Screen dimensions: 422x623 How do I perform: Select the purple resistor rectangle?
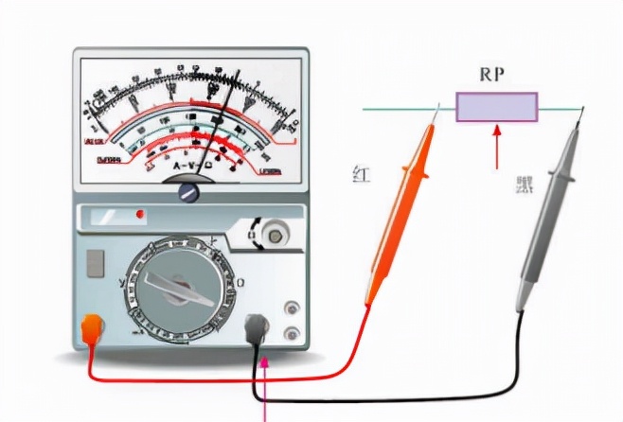pyautogui.click(x=497, y=107)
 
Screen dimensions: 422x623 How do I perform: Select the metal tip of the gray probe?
pyautogui.click(x=579, y=117)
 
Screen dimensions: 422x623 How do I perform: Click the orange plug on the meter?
pyautogui.click(x=92, y=328)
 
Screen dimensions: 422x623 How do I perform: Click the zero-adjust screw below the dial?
pyautogui.click(x=189, y=192)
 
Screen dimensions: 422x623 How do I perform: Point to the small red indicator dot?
pyautogui.click(x=141, y=215)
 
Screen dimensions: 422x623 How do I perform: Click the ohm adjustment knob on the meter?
pyautogui.click(x=276, y=233)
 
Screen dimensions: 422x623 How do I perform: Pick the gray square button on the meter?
pyautogui.click(x=96, y=264)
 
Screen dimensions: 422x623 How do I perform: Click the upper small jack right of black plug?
pyautogui.click(x=292, y=309)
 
